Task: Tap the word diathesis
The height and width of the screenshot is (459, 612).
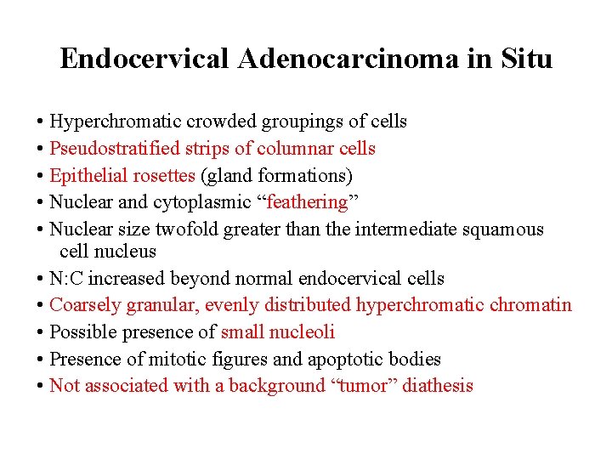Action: (437, 386)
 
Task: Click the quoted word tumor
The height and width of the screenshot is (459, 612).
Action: (361, 386)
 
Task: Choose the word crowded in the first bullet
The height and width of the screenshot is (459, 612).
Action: (214, 122)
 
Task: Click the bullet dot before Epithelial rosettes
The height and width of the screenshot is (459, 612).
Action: (41, 176)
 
